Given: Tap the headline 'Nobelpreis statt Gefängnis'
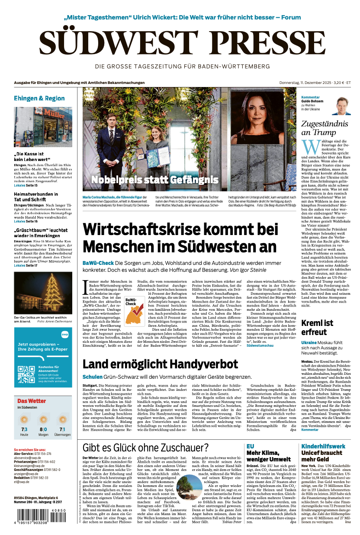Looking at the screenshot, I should click(x=154, y=180).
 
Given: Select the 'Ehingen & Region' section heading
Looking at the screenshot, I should click(x=39, y=98).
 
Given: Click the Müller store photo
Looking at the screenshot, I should click(x=43, y=126).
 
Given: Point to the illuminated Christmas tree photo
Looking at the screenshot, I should click(x=43, y=293).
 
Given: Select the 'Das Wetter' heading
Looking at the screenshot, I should click(x=31, y=401).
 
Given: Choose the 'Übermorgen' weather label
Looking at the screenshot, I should click(x=63, y=434).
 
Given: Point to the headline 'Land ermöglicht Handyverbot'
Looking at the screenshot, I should click(x=160, y=364).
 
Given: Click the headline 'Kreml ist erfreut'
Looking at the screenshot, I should click(x=317, y=328).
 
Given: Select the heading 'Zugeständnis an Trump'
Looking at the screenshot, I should click(x=325, y=128).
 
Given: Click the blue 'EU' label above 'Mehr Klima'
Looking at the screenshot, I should click(x=250, y=446).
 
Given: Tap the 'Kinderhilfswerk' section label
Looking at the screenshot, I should click(x=323, y=446).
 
